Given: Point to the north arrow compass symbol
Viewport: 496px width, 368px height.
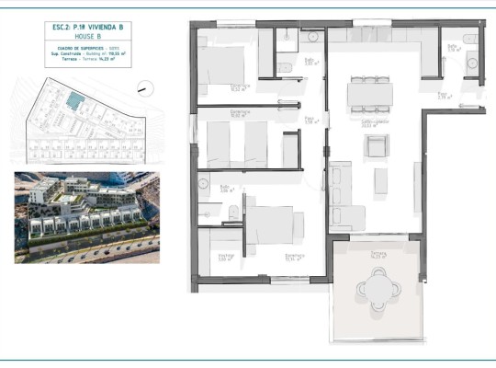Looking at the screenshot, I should [x=143, y=88].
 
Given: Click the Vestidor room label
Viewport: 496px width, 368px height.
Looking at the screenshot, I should [x=225, y=257].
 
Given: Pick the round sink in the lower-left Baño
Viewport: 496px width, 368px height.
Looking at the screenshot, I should [x=204, y=183].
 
